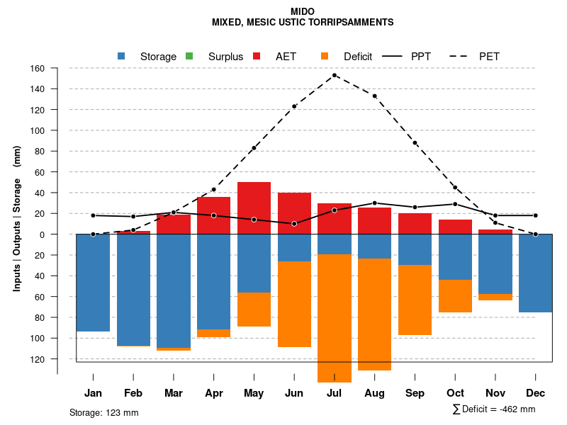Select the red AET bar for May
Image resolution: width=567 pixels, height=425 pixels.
pos(254,208)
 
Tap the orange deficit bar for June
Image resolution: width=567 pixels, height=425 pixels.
pos(294,304)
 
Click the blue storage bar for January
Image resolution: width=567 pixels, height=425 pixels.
pos(93,283)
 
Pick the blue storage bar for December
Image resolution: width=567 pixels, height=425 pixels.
pos(535,273)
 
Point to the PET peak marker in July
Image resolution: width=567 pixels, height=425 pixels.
pos(335,75)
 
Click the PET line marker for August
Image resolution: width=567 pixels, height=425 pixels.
pos(374,96)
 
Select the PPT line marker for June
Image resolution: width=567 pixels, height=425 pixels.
pos(294,224)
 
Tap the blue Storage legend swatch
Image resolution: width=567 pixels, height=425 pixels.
pos(121,56)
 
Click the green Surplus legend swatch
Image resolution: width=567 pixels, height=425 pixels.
pos(189,56)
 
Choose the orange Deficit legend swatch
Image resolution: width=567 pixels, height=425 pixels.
pos(325,56)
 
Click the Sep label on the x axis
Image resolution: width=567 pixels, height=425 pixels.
pos(415,393)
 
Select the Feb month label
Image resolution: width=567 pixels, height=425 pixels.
pos(133,393)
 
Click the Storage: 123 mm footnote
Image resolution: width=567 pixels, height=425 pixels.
pos(103,412)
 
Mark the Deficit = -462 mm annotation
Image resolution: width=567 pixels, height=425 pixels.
pos(493,409)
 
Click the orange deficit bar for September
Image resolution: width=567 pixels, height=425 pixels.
pos(415,300)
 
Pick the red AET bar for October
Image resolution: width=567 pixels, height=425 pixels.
pos(455,227)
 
